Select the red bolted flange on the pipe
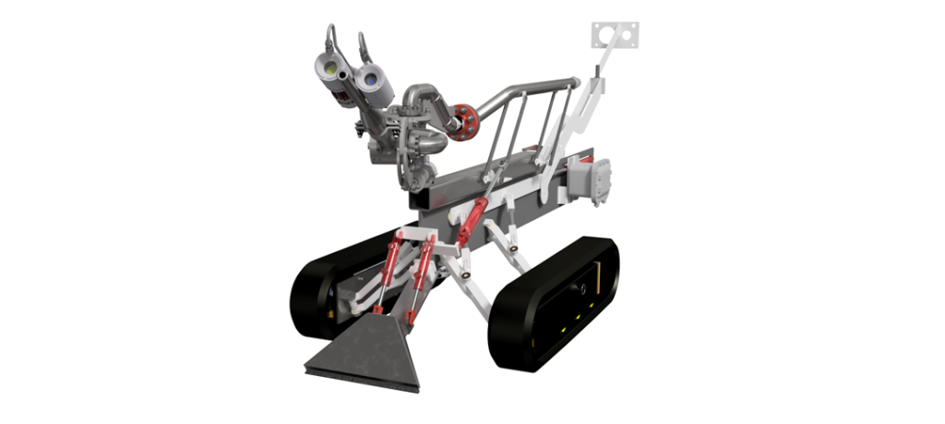[465, 122]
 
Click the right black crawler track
[554, 305]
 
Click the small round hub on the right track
[583, 289]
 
